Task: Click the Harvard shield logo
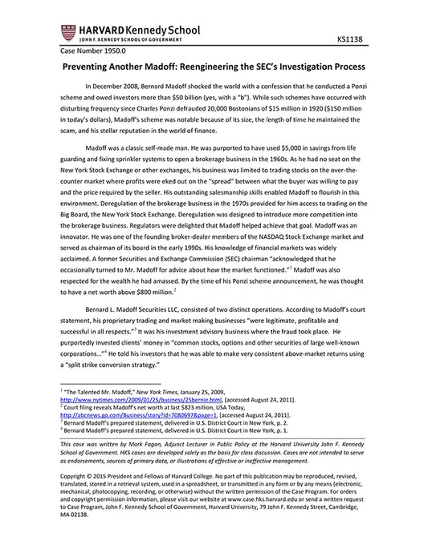(67, 32)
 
